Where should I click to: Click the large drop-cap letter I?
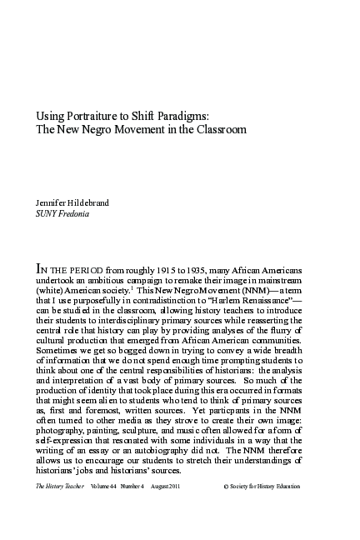(38, 269)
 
